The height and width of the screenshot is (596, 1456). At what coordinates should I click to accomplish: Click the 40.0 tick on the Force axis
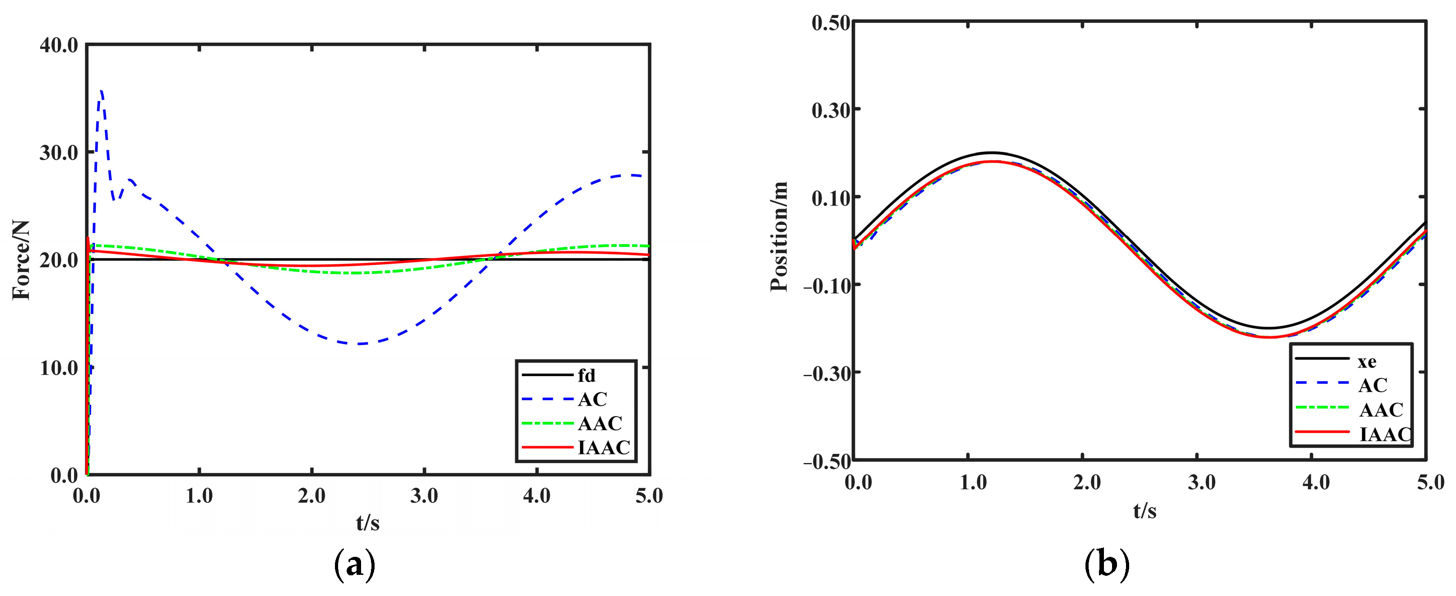59,45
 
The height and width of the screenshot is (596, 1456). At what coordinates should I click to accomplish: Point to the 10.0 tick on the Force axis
59,368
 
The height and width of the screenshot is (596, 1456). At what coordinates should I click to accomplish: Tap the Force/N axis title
22,260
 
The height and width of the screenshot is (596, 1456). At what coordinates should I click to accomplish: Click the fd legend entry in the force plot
586,375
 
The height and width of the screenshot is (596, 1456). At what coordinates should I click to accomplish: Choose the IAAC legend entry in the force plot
603,448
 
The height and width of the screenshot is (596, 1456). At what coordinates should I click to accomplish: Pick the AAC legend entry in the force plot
600,423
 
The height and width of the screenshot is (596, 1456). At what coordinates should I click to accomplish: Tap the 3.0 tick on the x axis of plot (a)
424,496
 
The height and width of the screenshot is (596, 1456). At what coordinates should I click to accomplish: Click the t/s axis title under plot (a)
368,523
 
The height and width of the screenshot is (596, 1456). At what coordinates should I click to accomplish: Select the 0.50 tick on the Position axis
830,23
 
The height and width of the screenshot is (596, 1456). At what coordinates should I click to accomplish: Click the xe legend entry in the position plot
1367,361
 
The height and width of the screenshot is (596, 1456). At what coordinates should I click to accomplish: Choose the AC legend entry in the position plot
1372,385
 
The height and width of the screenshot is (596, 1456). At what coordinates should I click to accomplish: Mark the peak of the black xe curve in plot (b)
992,152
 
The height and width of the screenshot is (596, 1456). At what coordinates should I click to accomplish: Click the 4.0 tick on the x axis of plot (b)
1316,483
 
